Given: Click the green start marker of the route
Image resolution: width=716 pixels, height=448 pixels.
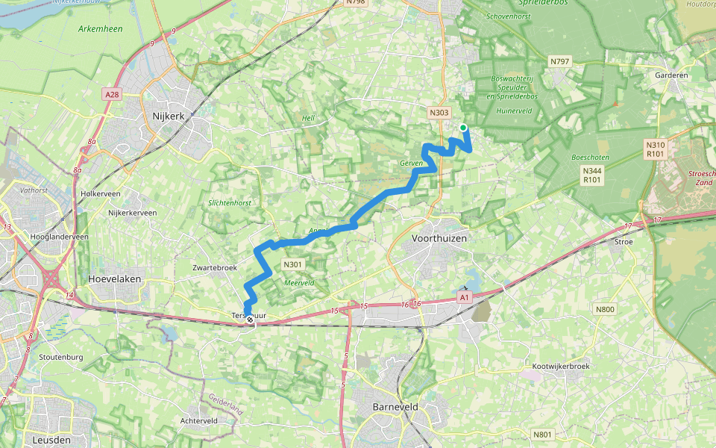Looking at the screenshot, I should pyautogui.click(x=463, y=128).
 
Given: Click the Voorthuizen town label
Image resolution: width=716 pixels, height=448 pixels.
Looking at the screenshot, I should pyautogui.click(x=440, y=237).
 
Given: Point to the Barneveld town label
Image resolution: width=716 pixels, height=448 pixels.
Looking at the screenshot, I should pyautogui.click(x=395, y=407).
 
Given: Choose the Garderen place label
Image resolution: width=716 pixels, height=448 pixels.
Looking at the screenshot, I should pyautogui.click(x=671, y=75).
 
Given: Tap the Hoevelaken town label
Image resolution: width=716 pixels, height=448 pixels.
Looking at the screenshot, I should pyautogui.click(x=114, y=279).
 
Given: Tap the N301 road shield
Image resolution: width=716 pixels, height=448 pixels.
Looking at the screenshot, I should pyautogui.click(x=292, y=264).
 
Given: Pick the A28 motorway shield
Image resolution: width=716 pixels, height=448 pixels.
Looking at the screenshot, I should pyautogui.click(x=112, y=94).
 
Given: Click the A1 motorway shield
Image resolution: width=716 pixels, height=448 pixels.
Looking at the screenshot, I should pyautogui.click(x=465, y=298).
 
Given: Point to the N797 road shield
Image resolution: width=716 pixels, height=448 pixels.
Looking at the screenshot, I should pyautogui.click(x=559, y=60).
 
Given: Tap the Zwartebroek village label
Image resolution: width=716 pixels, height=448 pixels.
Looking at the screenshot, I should pyautogui.click(x=215, y=267).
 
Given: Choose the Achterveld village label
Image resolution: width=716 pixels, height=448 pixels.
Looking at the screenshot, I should pyautogui.click(x=199, y=420).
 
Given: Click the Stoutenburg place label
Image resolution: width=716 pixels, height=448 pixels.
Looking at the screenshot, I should pyautogui.click(x=60, y=357).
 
